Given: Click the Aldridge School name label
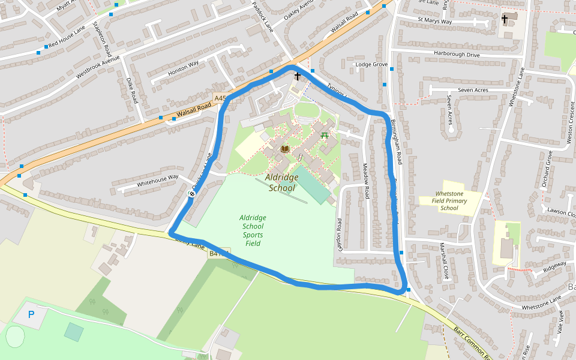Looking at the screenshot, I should [x=281, y=183].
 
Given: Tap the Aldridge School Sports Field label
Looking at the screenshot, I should [x=253, y=230].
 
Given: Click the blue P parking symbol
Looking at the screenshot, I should [x=31, y=314].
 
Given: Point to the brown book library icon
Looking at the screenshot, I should [x=285, y=149].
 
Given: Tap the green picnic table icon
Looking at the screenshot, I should [x=325, y=135].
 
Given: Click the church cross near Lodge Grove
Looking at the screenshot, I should [x=297, y=77].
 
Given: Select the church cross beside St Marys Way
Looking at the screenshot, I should [x=505, y=20].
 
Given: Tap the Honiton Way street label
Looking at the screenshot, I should [x=184, y=68].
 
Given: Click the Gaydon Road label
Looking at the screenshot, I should [x=339, y=233].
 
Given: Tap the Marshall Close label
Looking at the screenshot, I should [x=444, y=261].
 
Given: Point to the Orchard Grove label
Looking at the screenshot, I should [x=547, y=169].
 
